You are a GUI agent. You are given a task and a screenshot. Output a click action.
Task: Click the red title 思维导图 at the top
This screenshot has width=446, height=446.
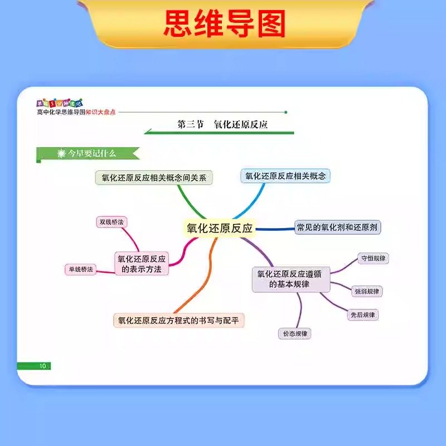point(224,23)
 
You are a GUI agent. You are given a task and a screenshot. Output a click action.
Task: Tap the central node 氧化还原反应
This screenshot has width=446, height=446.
point(219,228)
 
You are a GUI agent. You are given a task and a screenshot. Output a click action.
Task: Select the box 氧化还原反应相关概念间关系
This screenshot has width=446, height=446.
point(154,178)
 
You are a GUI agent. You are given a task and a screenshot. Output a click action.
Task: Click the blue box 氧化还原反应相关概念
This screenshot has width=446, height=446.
point(285,176)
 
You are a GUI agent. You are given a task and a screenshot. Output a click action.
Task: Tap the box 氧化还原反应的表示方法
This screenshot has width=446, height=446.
point(142,264)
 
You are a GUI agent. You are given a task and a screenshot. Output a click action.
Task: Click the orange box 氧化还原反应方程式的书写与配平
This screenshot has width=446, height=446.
point(179,321)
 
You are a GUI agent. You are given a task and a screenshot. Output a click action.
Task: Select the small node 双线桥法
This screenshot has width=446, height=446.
point(111,222)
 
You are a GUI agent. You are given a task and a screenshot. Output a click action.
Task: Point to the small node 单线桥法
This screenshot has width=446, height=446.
point(81,269)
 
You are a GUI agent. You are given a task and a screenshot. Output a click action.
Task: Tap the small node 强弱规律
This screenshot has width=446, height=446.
point(367,291)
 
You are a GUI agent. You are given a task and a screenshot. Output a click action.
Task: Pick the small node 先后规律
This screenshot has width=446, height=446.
point(362,314)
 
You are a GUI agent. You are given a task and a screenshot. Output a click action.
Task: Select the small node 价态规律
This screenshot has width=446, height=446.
point(294,333)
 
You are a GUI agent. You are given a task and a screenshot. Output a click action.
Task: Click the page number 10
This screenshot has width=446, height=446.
point(42,366)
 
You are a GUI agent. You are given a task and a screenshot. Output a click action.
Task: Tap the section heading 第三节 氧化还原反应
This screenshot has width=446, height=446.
point(222,125)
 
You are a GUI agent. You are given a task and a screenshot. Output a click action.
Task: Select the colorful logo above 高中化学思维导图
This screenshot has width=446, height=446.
point(59,103)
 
